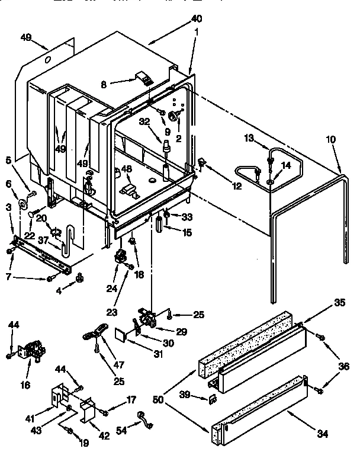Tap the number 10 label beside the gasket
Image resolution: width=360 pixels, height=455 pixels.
tap(330, 139)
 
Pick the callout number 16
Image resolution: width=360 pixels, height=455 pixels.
tap(25, 384)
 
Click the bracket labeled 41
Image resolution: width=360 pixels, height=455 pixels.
tap(57, 398)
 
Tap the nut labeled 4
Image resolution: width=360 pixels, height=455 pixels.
tap(79, 278)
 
